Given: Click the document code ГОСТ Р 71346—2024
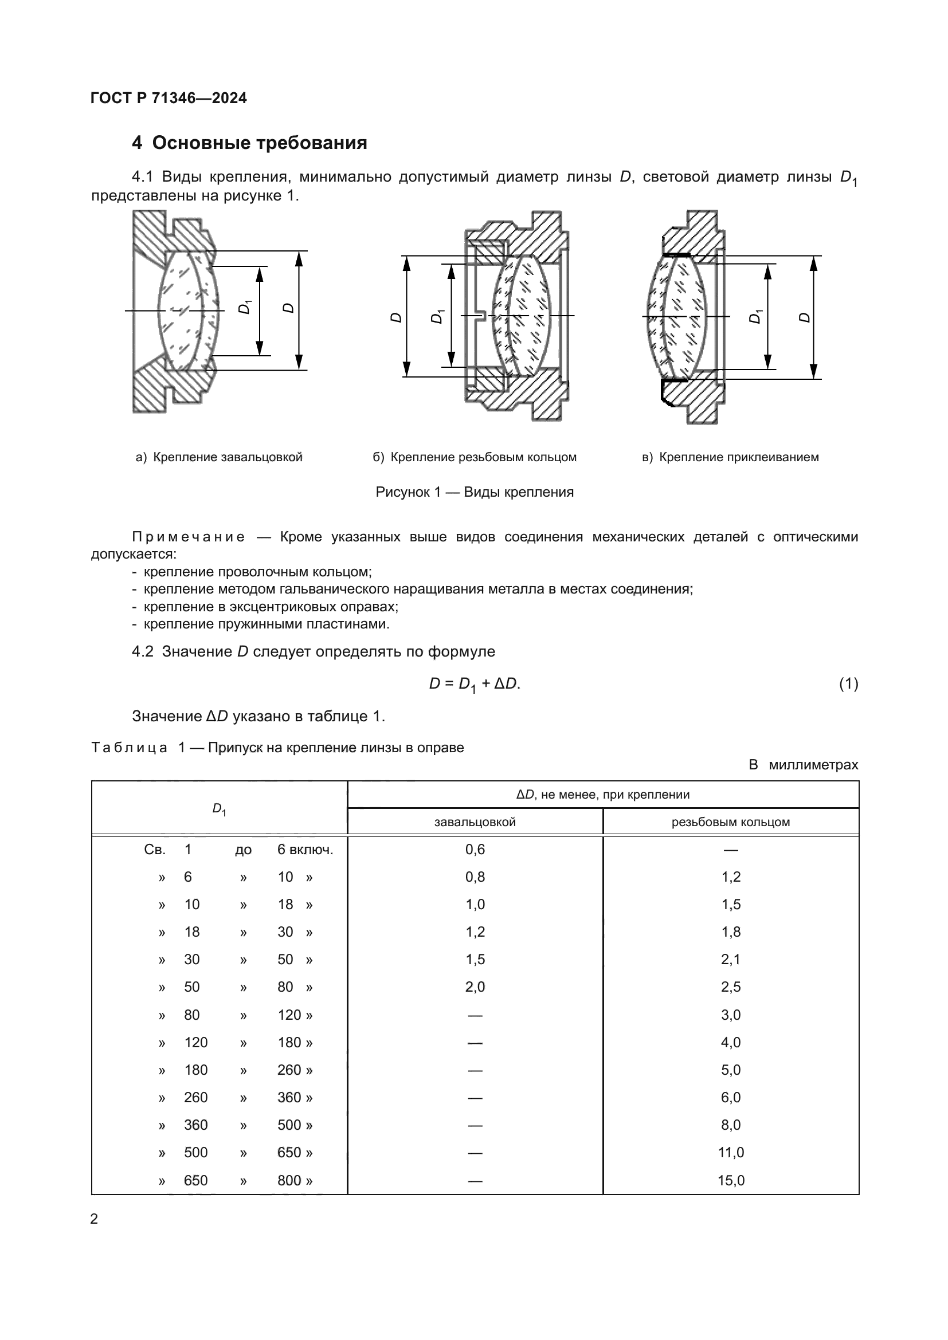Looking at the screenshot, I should [x=169, y=98].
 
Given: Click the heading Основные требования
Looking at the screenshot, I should [x=259, y=143].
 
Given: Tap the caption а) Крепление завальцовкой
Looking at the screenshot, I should [x=219, y=457].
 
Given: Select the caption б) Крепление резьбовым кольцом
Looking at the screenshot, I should [x=475, y=457].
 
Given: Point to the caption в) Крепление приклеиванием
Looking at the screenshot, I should [x=730, y=457].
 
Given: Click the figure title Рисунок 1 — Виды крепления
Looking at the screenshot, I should [x=475, y=492].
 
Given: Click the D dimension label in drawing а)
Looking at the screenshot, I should [x=288, y=308].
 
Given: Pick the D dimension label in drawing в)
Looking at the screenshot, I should [x=805, y=317].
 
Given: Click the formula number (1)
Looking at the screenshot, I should [x=848, y=683].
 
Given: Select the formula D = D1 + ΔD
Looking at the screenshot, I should [x=475, y=684].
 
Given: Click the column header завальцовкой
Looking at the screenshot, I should [x=475, y=822].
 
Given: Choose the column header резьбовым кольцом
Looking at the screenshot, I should [x=730, y=822].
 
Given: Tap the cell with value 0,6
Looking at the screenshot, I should [x=475, y=849].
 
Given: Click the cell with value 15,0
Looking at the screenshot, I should [x=731, y=1180].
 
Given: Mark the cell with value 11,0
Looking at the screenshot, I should [x=731, y=1152].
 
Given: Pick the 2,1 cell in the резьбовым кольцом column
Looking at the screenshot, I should [x=731, y=960].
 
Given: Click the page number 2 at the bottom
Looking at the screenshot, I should [x=94, y=1219].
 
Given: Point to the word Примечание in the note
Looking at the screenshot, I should [x=188, y=537].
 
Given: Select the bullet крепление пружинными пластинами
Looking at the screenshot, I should [x=266, y=624].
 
